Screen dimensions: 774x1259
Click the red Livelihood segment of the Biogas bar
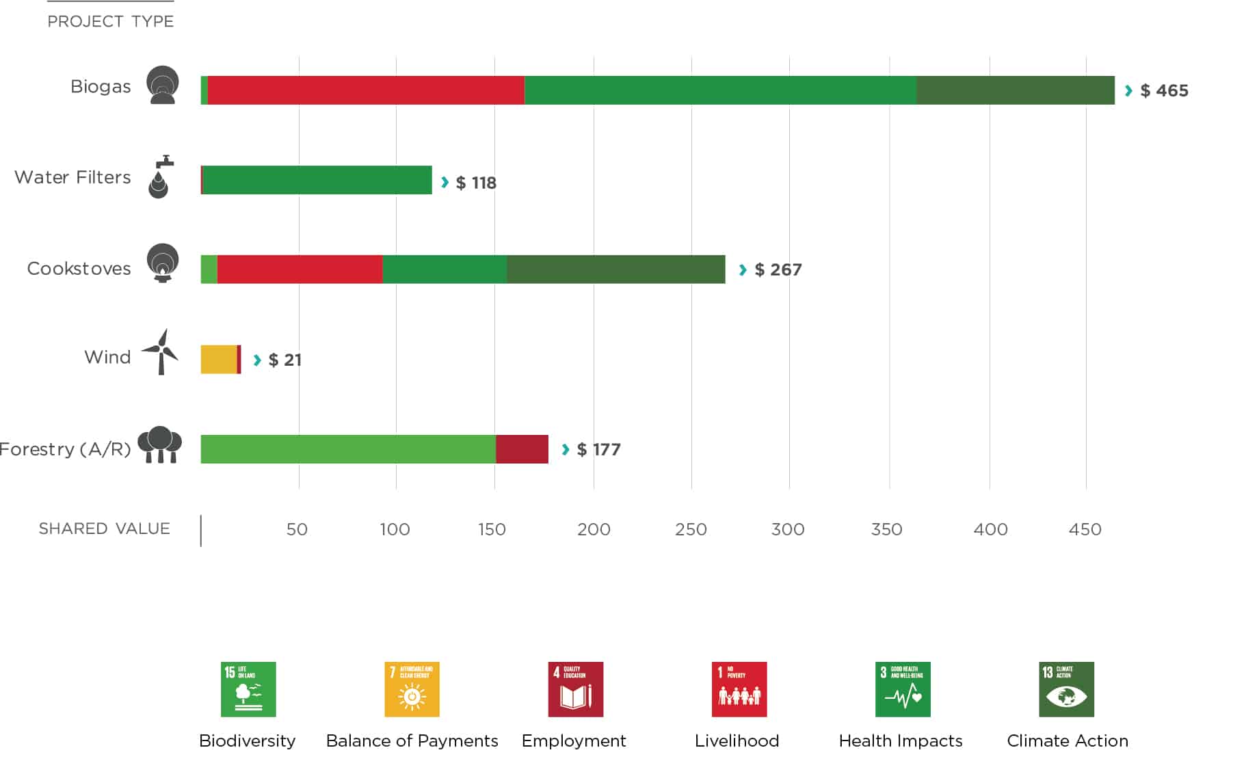[366, 90]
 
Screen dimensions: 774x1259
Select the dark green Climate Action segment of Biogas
[1015, 90]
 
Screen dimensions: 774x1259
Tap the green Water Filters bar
[317, 180]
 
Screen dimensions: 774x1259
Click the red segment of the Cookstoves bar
[300, 269]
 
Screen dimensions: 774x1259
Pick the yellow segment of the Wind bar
[218, 360]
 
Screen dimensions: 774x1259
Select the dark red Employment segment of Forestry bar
[522, 449]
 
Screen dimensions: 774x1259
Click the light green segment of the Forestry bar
[347, 449]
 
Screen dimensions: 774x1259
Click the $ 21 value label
[284, 360]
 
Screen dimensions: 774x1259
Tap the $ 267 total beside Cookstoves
[778, 270]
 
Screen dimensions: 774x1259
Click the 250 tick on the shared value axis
[691, 529]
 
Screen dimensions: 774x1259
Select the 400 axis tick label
[990, 529]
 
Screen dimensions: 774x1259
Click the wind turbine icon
[161, 351]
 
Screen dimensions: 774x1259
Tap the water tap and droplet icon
[160, 177]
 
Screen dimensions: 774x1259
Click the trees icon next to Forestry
[160, 445]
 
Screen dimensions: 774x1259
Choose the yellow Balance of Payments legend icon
[412, 689]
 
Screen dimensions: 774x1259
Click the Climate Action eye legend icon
[1066, 689]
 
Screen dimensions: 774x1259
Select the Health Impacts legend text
[900, 740]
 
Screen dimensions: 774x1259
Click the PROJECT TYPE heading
[110, 21]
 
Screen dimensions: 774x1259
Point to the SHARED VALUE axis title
[104, 529]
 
